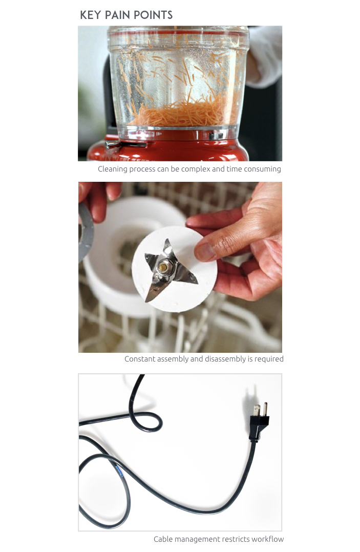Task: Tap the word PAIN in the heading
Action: click(118, 15)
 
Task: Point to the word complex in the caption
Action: click(196, 169)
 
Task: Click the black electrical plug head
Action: click(259, 422)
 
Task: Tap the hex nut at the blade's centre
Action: click(164, 266)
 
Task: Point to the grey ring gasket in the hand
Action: click(87, 232)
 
